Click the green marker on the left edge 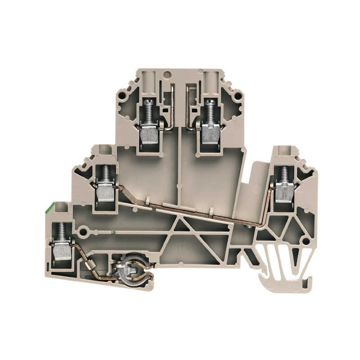46,207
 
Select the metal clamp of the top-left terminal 148,133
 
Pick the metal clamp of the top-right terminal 208,133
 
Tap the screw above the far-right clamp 284,173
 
